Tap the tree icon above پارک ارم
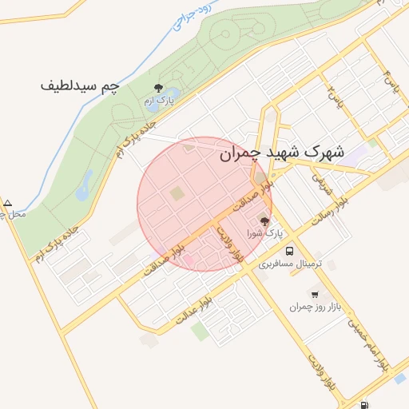(x=158, y=89)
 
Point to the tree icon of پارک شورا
(x=264, y=221)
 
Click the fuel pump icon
(x=365, y=405)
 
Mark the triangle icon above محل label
(x=8, y=203)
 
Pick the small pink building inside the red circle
(x=188, y=260)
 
